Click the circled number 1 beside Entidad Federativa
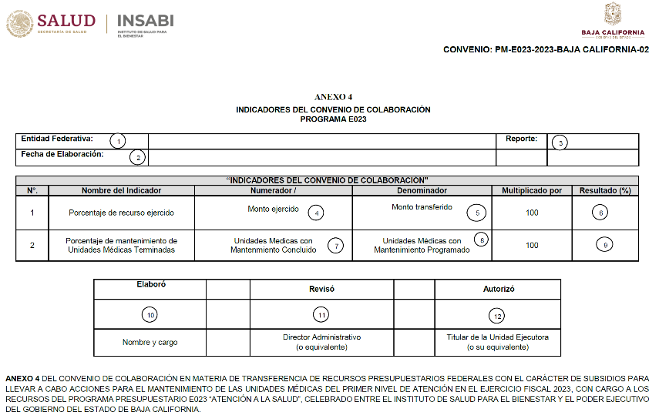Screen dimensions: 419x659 coord(117,141)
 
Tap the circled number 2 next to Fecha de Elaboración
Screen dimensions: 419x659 coord(138,157)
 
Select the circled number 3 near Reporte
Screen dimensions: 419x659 coord(560,142)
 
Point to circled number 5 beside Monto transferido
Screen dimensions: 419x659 coord(478,212)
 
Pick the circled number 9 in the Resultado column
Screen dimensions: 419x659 coord(606,245)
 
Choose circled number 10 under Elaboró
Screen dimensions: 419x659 coord(151,314)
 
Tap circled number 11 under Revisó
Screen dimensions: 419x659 coord(321,314)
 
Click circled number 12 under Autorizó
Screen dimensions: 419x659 coord(497,315)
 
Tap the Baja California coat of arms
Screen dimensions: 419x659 coord(613,13)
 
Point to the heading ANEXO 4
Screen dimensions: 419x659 coord(333,97)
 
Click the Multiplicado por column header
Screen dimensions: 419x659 coord(532,190)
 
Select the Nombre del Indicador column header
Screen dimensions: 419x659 coord(120,190)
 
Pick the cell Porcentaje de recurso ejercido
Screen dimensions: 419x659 coord(121,213)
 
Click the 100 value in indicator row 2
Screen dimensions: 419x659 coord(532,245)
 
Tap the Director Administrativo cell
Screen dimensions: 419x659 coord(321,342)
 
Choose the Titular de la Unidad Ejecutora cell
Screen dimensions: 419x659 coord(498,342)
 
